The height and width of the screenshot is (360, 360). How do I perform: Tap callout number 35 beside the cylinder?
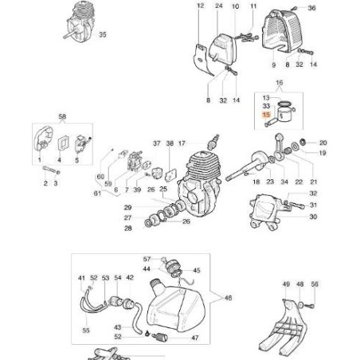click(101, 36)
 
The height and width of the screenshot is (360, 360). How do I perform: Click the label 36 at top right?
click(313, 7)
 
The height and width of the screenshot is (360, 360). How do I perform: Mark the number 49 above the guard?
click(286, 284)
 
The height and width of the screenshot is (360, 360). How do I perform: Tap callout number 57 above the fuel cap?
click(147, 260)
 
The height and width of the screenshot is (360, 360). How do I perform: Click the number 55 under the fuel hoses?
click(87, 329)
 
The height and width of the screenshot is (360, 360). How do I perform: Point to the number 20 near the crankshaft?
click(324, 143)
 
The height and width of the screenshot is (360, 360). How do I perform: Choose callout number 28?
click(127, 229)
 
